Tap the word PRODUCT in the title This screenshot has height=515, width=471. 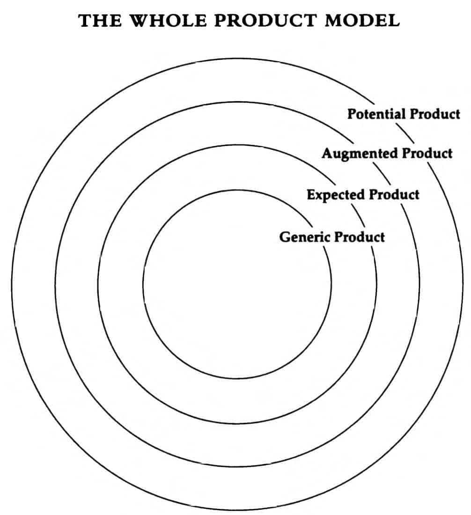[262, 21]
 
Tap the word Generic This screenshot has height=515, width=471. [305, 236]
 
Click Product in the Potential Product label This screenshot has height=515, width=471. [435, 114]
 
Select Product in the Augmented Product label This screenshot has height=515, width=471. [427, 153]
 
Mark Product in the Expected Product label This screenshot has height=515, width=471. [394, 194]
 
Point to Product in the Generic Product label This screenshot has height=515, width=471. [360, 236]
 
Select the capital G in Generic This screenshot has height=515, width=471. [285, 236]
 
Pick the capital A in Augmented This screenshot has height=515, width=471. [327, 153]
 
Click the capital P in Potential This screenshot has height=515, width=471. [351, 114]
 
